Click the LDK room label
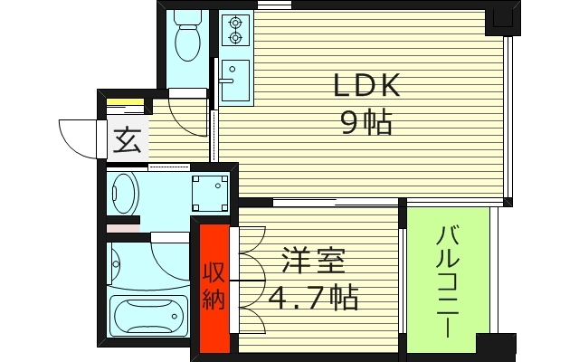click(x=366, y=87)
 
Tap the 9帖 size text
click(x=366, y=123)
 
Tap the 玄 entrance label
click(x=127, y=142)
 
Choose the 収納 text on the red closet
click(x=214, y=288)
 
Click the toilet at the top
click(x=189, y=41)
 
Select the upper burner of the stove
click(x=237, y=23)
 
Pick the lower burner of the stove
click(x=237, y=38)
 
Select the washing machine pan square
click(x=210, y=192)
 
